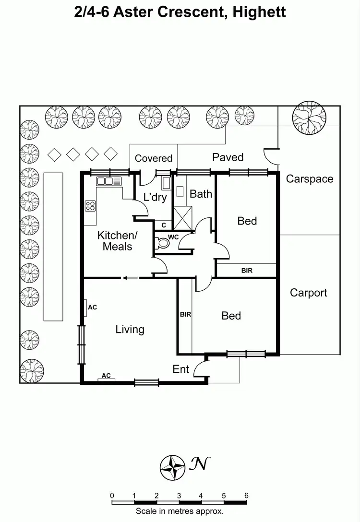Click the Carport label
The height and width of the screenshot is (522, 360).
[308, 293]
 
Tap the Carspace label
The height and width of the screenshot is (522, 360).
[309, 179]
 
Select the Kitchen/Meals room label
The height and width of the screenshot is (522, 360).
[117, 241]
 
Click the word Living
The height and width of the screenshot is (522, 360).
[130, 329]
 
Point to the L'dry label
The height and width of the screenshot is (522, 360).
[155, 197]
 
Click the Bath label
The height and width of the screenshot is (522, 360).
[201, 194]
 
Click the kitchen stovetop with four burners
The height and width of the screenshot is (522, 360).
[90, 206]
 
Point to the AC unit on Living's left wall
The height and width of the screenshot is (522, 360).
[85, 308]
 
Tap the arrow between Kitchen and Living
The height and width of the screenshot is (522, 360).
[129, 277]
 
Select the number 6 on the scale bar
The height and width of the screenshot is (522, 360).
[246, 496]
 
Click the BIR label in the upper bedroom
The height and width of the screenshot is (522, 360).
[247, 271]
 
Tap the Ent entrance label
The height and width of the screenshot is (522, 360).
[180, 369]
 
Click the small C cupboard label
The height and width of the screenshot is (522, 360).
[164, 225]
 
